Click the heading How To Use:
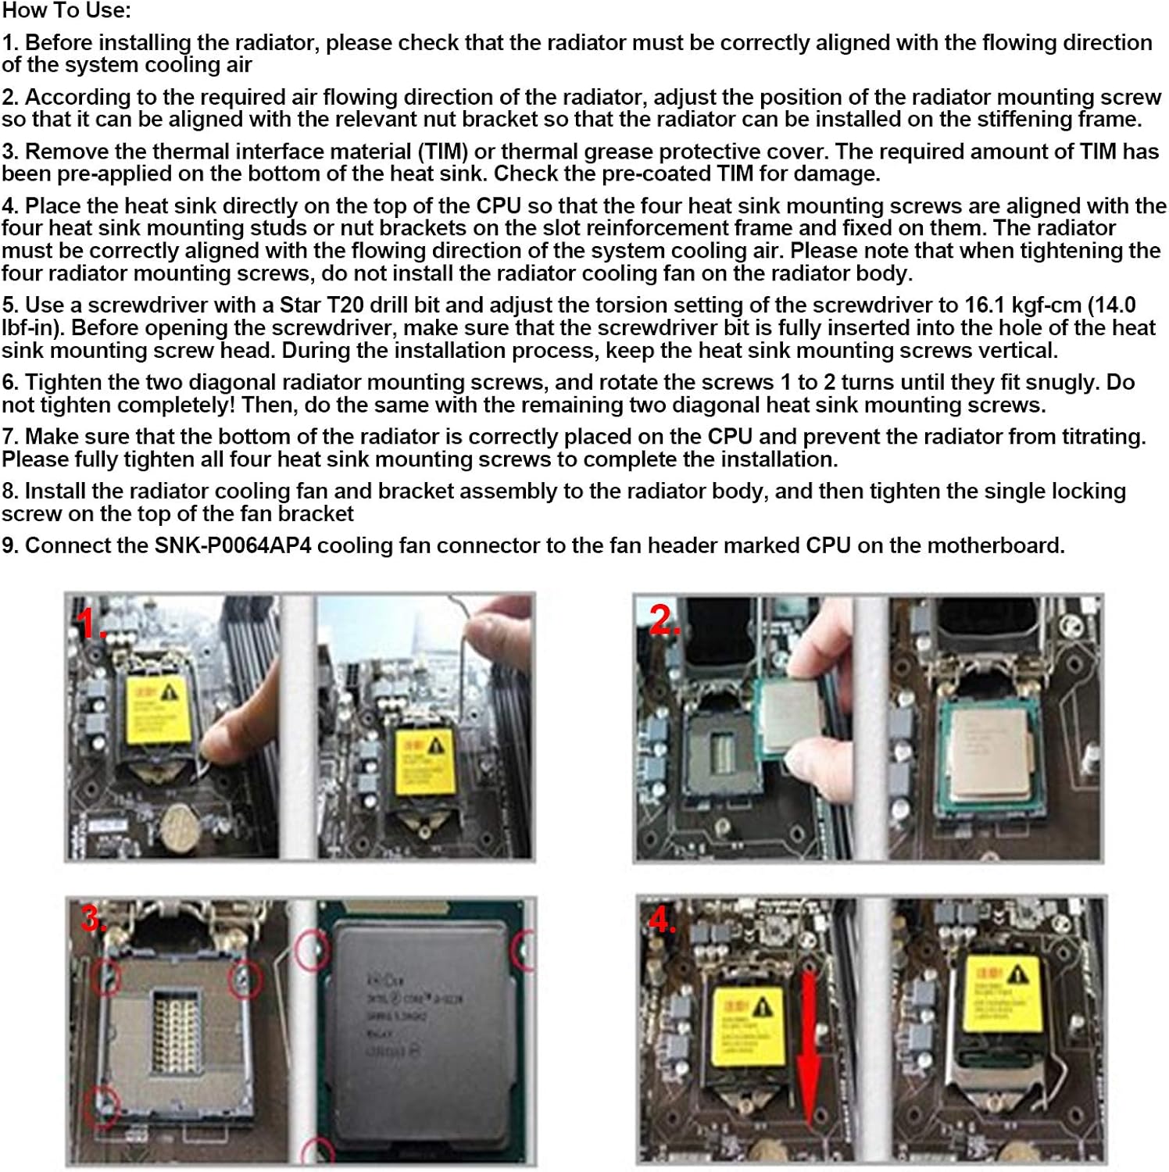(x=66, y=11)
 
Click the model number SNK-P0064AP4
(x=233, y=545)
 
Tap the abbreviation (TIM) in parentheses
(x=442, y=151)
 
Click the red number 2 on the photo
(x=664, y=620)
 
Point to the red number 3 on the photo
(x=92, y=919)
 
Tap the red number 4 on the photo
(x=661, y=920)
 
